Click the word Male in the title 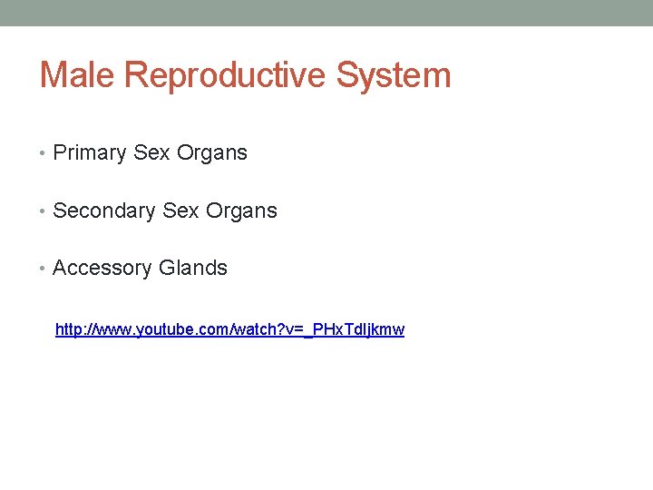tap(77, 74)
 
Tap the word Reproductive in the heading tap(226, 76)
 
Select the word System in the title tap(394, 76)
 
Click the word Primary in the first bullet tap(90, 153)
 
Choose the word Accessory tap(102, 269)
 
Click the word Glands tap(193, 269)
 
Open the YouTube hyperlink tap(229, 329)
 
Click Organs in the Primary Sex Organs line tap(211, 153)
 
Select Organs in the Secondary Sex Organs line tap(241, 211)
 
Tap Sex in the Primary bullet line tap(151, 153)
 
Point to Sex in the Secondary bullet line tap(181, 211)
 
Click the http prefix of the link tap(70, 329)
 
